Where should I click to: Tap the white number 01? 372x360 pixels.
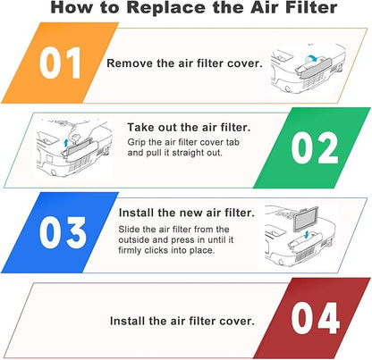click(x=60, y=63)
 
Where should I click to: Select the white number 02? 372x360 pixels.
click(x=315, y=147)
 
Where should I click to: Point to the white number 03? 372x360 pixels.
click(x=63, y=232)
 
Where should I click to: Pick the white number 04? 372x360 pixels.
click(x=316, y=318)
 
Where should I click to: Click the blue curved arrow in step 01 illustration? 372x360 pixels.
click(x=310, y=57)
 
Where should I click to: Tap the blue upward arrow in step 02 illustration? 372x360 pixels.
click(x=66, y=143)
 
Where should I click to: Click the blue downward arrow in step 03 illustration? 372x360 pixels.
click(x=307, y=234)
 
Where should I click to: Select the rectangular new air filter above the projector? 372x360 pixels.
click(x=306, y=219)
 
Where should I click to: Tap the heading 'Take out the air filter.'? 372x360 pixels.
click(x=189, y=128)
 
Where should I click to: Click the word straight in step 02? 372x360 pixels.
click(x=187, y=153)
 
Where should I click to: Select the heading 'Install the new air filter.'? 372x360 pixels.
click(x=187, y=213)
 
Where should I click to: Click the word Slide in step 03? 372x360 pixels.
click(x=129, y=230)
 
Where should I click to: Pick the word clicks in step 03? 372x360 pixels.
click(x=156, y=250)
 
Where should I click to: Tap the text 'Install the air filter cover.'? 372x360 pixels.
click(x=182, y=321)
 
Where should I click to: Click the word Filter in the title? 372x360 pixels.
click(x=311, y=7)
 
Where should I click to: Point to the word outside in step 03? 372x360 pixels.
click(x=134, y=239)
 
